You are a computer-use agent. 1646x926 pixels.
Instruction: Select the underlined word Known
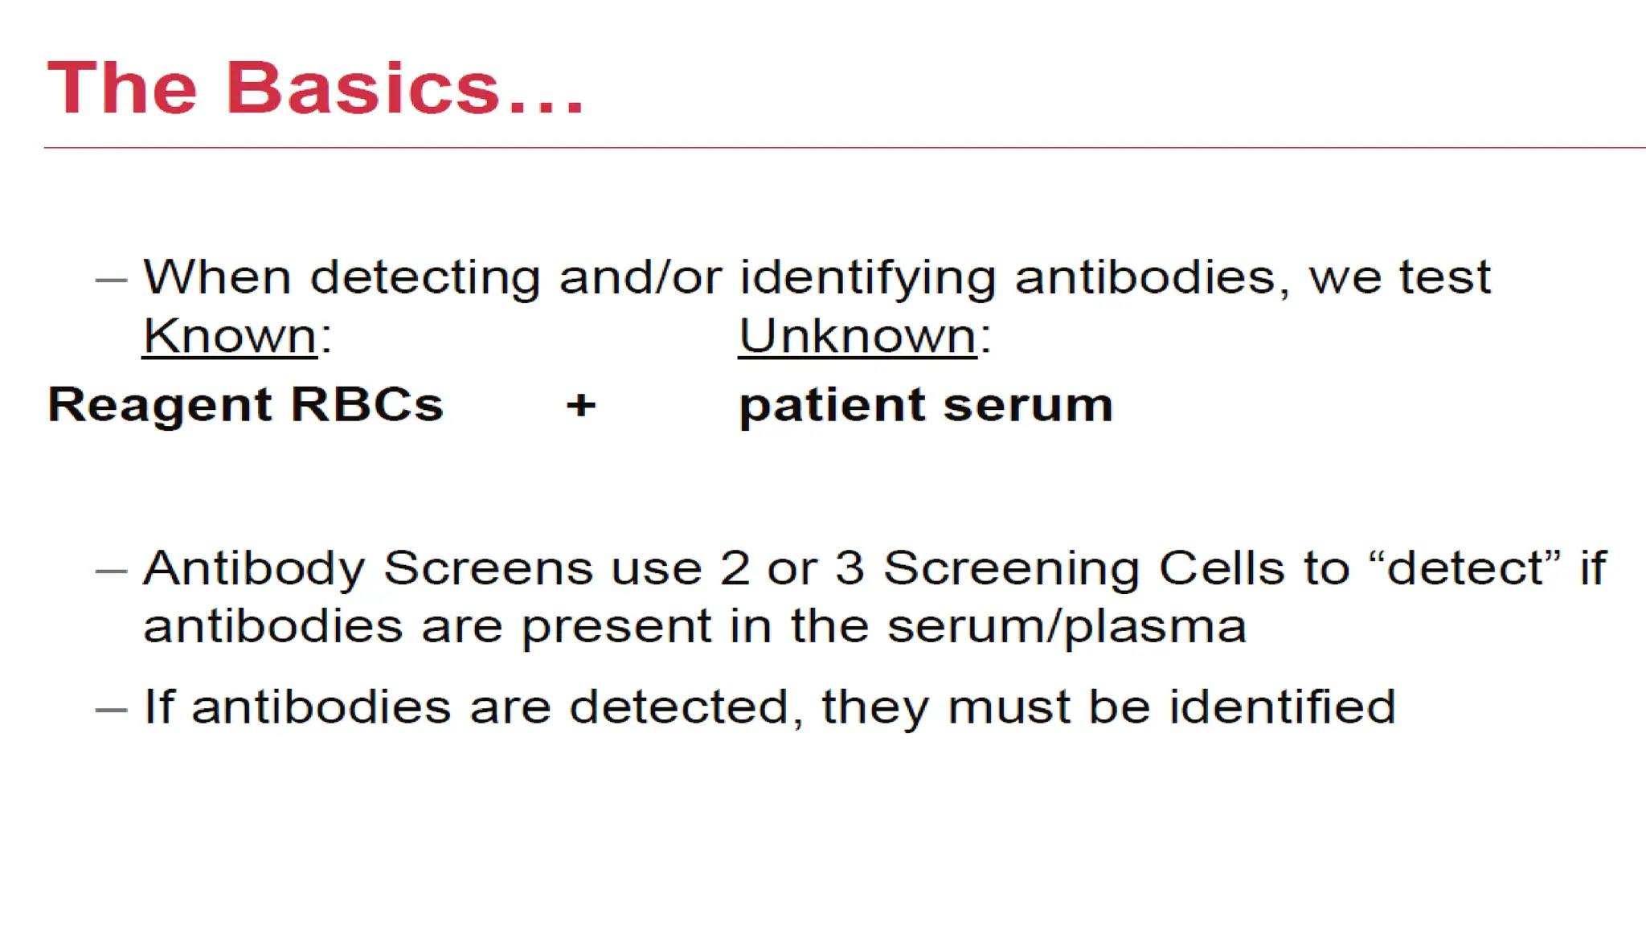(x=230, y=336)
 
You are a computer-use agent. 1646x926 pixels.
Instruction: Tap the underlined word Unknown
(x=858, y=336)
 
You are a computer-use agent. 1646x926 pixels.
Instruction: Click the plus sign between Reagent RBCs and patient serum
(x=581, y=404)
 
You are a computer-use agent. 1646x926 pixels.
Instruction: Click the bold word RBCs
(x=366, y=404)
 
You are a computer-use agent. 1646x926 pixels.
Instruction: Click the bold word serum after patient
(x=1028, y=404)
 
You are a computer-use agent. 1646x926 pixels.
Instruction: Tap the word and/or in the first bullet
(x=640, y=278)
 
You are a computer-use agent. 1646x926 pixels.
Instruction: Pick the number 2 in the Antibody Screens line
(x=735, y=568)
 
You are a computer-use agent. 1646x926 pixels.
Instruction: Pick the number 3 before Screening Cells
(x=850, y=568)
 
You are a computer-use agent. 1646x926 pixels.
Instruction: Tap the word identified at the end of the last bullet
(x=1282, y=707)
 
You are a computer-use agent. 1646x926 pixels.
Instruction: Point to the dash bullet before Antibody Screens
(x=111, y=572)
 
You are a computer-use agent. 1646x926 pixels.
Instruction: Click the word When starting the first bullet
(x=217, y=278)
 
